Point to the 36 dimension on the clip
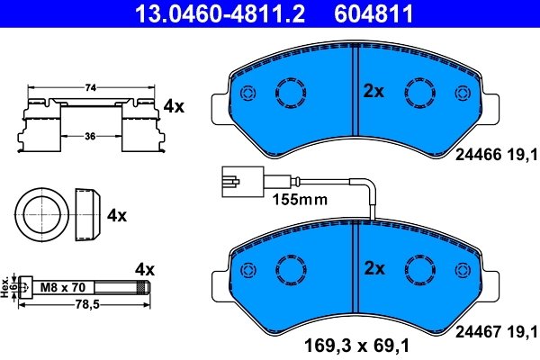point(90,137)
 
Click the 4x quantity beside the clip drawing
point(173,106)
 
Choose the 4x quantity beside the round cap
point(117,216)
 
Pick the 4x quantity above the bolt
point(145,269)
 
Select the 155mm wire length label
point(293,199)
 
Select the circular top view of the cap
point(42,215)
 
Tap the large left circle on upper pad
point(292,93)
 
